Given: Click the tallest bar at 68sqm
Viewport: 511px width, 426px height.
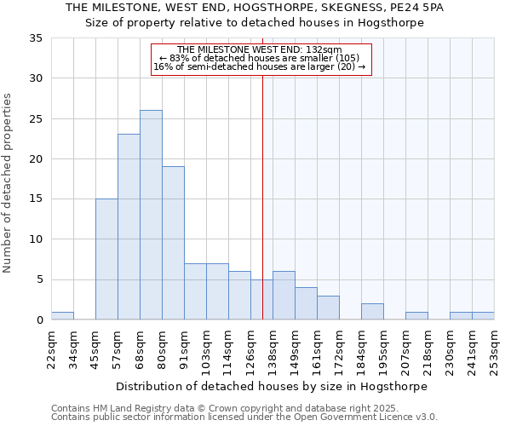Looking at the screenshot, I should click(x=151, y=215).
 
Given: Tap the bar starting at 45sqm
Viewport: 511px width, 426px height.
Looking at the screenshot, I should click(x=106, y=259).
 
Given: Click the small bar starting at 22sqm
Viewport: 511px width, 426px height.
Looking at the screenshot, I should click(x=62, y=316).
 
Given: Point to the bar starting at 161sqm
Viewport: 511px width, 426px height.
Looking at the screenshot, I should click(x=328, y=308).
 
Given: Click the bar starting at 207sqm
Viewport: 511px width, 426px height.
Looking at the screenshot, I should click(x=416, y=316).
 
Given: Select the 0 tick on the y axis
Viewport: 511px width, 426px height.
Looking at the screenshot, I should click(x=39, y=320).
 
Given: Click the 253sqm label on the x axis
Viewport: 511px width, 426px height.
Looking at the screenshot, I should click(x=495, y=348).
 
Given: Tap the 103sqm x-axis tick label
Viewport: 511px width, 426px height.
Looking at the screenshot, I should click(x=207, y=348).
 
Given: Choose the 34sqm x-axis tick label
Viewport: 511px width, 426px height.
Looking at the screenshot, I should click(x=74, y=348).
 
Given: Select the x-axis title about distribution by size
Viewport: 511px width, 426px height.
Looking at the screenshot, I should click(x=272, y=386).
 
